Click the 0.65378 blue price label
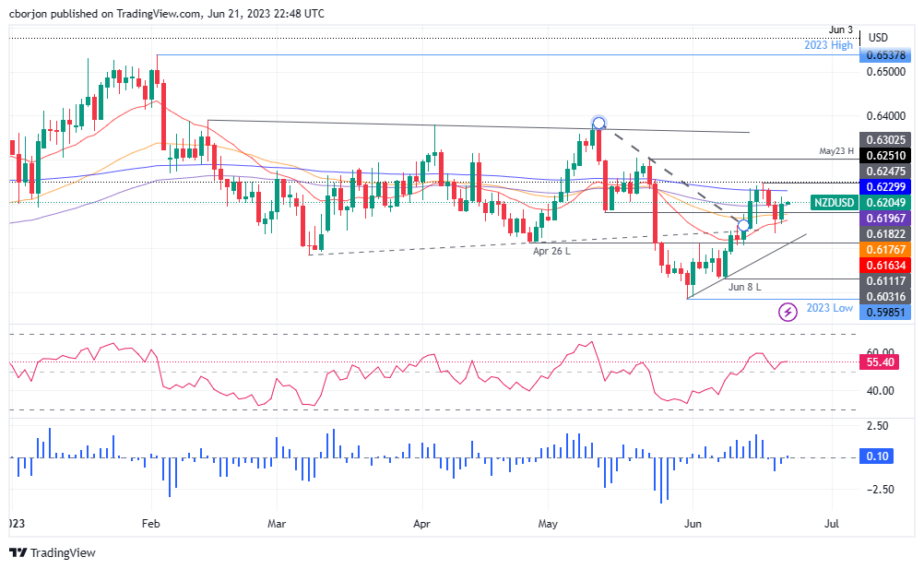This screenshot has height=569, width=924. (885, 55)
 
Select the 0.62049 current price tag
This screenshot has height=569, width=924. (885, 202)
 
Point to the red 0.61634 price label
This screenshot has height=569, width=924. (885, 264)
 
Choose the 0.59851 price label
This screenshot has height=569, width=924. (885, 313)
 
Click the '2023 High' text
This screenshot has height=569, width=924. (828, 45)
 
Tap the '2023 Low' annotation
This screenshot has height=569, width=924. (829, 308)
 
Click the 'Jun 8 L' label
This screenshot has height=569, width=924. (745, 287)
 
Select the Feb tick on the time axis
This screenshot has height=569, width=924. (152, 523)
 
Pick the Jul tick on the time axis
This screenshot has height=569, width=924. (832, 523)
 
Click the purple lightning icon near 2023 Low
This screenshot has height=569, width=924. (788, 313)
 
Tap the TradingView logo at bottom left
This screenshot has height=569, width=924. (53, 552)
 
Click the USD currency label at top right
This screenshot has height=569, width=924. (878, 38)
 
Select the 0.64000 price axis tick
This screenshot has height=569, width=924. (885, 115)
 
